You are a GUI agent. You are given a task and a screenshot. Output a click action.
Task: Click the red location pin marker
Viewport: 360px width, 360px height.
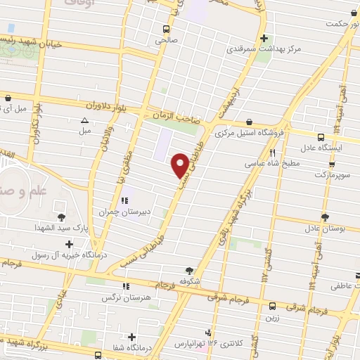(x=180, y=165)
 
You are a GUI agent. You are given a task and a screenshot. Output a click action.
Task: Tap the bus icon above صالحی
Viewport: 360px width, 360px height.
(x=166, y=30)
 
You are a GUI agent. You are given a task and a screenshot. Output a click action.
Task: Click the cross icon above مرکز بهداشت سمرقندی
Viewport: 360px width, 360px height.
(x=264, y=39)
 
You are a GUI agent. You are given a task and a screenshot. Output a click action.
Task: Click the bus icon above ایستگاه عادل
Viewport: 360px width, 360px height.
(x=321, y=137)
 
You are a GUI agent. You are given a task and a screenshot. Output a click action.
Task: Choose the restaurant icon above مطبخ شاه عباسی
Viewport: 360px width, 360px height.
(x=272, y=152)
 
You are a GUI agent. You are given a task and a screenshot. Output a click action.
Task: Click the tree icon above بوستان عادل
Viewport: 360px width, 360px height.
(x=324, y=217)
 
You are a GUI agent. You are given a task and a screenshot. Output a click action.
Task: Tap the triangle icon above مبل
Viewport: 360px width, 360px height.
(x=85, y=120)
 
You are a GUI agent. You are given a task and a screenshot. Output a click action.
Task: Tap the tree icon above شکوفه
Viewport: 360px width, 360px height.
(x=189, y=269)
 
